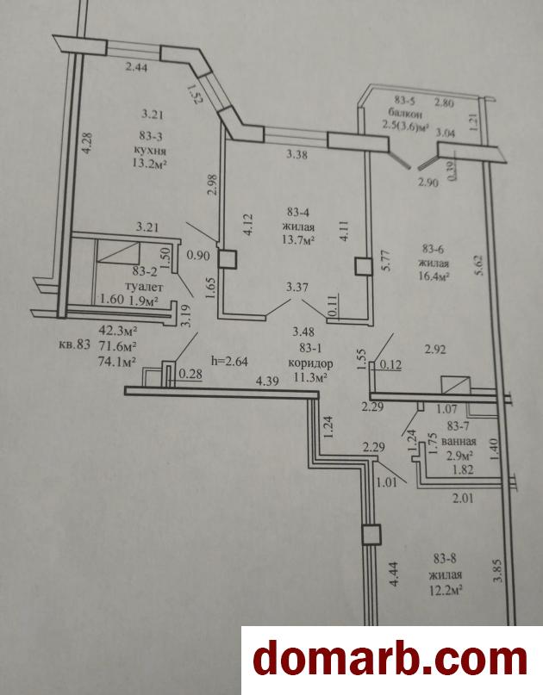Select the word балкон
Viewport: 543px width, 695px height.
[x=404, y=114]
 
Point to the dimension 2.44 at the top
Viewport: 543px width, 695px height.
[x=136, y=67]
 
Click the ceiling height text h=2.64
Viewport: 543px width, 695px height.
[x=230, y=361]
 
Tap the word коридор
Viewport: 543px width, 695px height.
[x=310, y=364]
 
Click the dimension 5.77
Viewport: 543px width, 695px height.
[x=385, y=261]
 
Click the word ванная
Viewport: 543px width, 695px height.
[x=459, y=442]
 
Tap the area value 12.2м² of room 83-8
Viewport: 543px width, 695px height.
[x=445, y=591]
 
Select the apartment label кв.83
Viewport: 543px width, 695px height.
[x=74, y=344]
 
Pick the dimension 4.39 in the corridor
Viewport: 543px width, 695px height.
[x=267, y=381]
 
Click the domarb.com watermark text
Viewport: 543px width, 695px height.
[x=390, y=660]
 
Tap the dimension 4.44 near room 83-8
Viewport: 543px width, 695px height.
[x=394, y=575]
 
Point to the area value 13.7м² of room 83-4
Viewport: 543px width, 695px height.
[x=300, y=240]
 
